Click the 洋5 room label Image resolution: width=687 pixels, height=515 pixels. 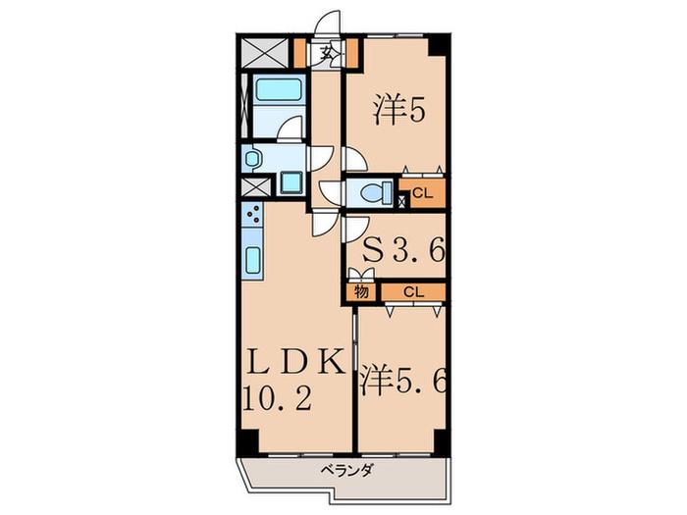pos(398,111)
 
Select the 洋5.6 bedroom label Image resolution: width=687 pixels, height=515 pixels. pos(403,380)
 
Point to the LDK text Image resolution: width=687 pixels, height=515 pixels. pos(294,362)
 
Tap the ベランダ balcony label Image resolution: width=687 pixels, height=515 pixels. pos(347,471)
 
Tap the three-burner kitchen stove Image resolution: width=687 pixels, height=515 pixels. pos(252,214)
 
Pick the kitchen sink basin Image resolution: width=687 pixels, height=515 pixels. pos(253,261)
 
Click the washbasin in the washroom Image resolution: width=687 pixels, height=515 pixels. pos(252,158)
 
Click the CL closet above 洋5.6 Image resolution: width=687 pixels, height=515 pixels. pos(413,292)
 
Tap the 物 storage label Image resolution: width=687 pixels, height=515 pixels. pos(361,291)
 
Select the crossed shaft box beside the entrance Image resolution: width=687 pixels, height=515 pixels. pos(265,53)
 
